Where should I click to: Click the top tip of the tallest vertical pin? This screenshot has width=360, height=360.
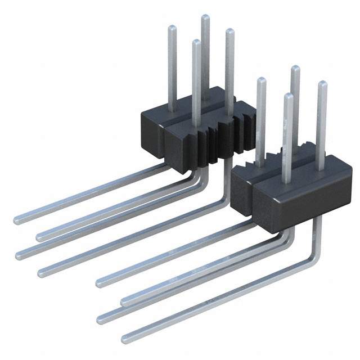(205, 17)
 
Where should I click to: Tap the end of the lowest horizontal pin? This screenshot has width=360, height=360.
(125, 340)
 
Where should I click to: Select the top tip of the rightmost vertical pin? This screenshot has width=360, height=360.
(322, 84)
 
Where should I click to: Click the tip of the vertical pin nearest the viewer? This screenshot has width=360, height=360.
(288, 96)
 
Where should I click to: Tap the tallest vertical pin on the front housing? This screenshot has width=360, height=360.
(295, 107)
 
